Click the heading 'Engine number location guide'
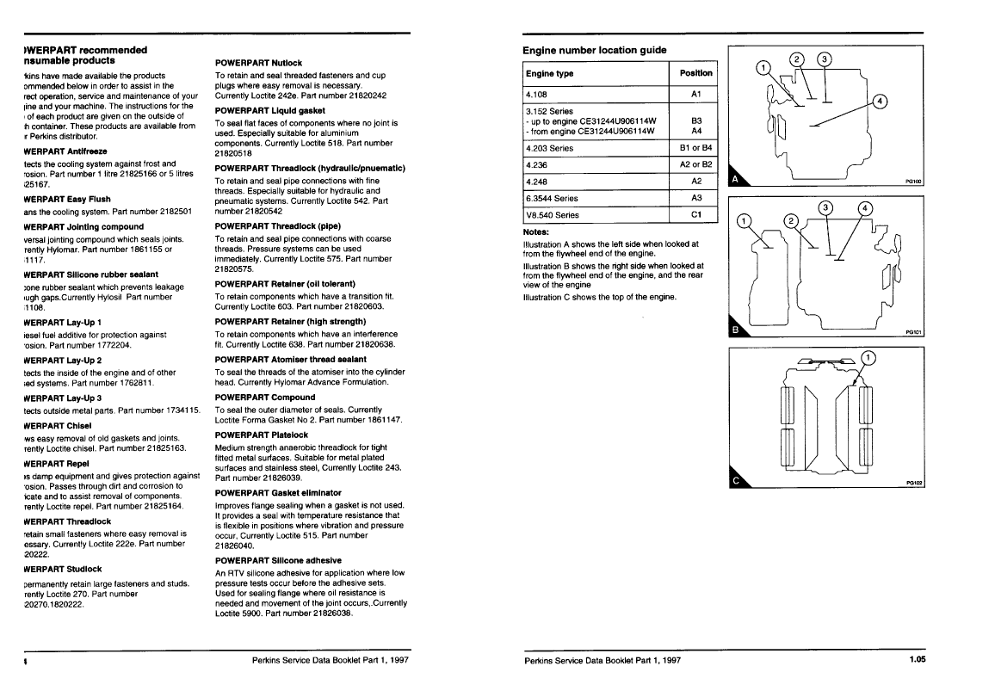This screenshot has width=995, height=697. coord(595,50)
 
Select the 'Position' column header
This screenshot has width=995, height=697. coord(695,73)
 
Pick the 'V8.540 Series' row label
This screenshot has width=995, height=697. coord(552,215)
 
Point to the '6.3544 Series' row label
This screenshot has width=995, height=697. coord(552,198)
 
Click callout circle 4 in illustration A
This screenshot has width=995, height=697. coord(880,101)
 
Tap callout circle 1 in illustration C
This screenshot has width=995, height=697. coord(868,357)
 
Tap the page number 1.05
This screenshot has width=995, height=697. coord(916,660)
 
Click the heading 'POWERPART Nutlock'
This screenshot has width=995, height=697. coord(258,63)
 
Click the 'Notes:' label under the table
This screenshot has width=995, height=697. coord(536,231)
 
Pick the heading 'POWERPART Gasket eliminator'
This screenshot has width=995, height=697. coord(272,492)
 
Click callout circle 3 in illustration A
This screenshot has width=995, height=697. coord(824,59)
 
